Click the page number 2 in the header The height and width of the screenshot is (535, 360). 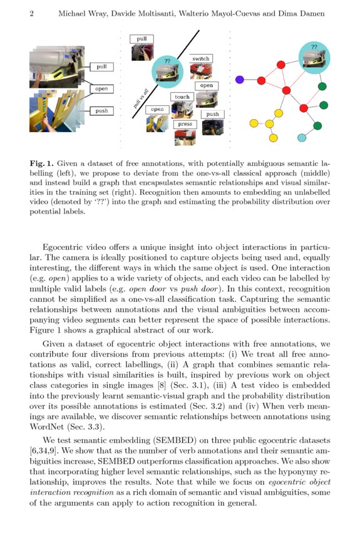pyautogui.click(x=31, y=14)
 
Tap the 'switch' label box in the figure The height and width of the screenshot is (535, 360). pyautogui.click(x=201, y=59)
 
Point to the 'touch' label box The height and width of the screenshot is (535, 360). pyautogui.click(x=182, y=97)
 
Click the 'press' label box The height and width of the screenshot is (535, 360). pyautogui.click(x=185, y=124)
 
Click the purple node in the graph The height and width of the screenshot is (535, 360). pyautogui.click(x=239, y=80)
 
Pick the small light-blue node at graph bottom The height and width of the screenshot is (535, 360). pyautogui.click(x=301, y=137)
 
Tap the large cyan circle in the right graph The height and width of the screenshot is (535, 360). pyautogui.click(x=314, y=56)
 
